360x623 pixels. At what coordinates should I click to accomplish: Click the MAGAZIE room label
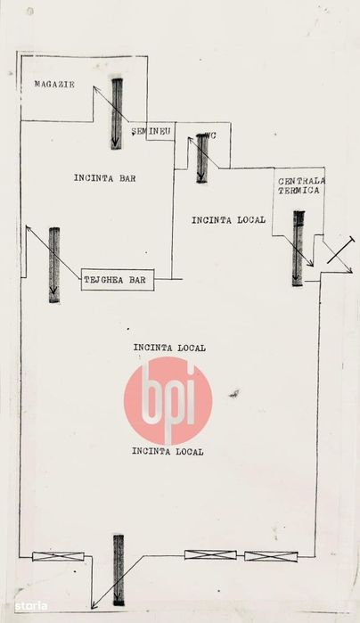[54, 85]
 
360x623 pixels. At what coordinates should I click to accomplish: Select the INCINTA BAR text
[105, 178]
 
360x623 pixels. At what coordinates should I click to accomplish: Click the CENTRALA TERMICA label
[301, 185]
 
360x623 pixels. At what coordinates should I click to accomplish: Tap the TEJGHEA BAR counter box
[118, 280]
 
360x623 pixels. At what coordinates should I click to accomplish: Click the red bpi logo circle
[168, 400]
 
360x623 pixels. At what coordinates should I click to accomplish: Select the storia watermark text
[31, 606]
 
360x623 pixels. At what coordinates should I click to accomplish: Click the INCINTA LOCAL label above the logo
[169, 348]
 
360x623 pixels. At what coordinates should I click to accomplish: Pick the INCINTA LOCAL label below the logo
[168, 451]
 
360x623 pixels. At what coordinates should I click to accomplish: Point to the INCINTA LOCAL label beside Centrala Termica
[228, 220]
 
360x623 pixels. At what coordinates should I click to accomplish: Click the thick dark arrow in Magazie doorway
[117, 113]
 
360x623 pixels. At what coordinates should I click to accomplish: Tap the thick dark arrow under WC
[202, 159]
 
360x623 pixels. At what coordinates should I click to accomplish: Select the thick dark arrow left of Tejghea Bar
[54, 265]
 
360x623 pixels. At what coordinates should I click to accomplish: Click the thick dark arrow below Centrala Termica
[298, 249]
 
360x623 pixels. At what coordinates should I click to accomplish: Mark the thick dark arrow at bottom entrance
[119, 570]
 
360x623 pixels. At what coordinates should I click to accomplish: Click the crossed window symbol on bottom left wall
[59, 556]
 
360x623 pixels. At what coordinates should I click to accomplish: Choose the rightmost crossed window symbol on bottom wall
[271, 556]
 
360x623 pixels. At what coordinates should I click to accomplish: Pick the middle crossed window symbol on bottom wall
[210, 554]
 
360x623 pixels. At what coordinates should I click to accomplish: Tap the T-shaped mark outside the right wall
[341, 250]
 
